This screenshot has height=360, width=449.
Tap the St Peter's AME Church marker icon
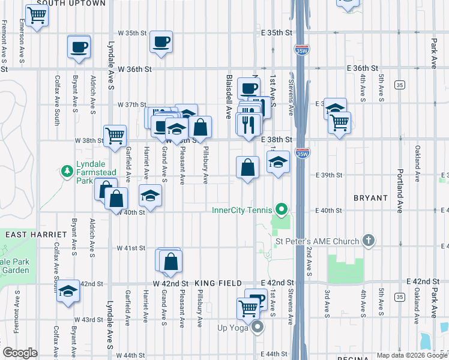pos(369,241)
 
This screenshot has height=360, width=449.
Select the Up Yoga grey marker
pos(258,327)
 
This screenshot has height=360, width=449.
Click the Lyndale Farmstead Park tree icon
pos(67,172)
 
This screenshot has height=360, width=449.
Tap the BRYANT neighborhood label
pos(371,197)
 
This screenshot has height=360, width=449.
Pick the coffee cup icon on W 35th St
pos(161,42)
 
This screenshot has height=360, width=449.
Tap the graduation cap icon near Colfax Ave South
pos(68,292)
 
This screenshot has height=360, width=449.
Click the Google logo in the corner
pos(20,353)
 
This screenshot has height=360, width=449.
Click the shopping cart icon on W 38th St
pos(114,136)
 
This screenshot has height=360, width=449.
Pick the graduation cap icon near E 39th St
pos(277,162)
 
